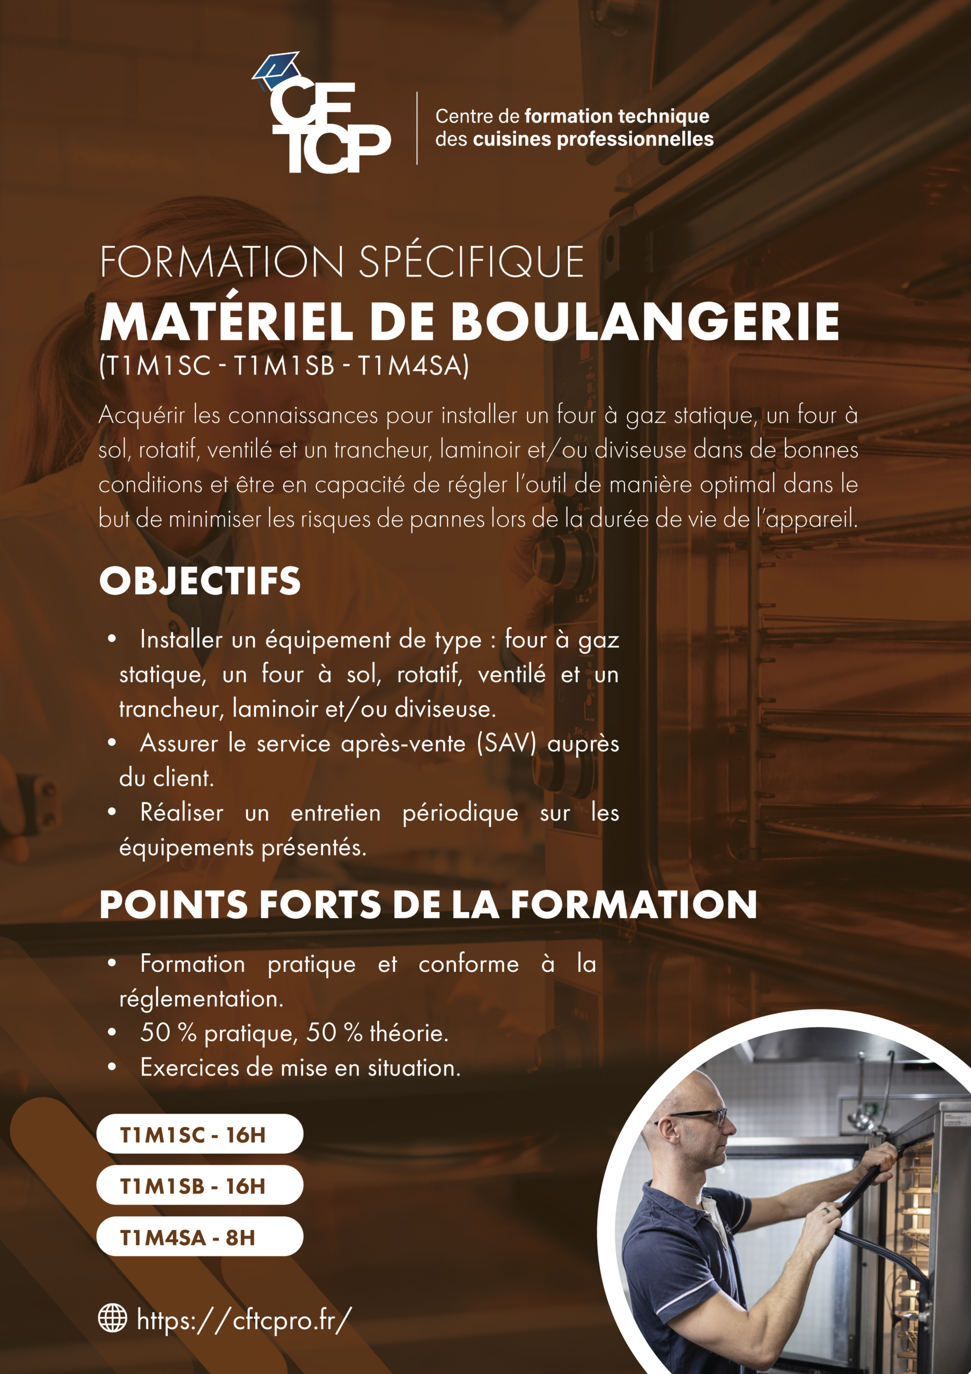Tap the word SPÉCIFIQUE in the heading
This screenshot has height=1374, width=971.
click(x=471, y=262)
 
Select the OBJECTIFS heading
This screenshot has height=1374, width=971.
click(x=200, y=581)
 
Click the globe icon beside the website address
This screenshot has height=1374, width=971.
click(x=113, y=1318)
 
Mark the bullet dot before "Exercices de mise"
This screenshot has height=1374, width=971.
click(x=112, y=1067)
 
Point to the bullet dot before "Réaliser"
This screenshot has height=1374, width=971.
click(x=112, y=812)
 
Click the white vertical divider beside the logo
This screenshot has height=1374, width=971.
click(x=417, y=128)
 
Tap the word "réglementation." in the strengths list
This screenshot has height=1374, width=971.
click(x=201, y=998)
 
